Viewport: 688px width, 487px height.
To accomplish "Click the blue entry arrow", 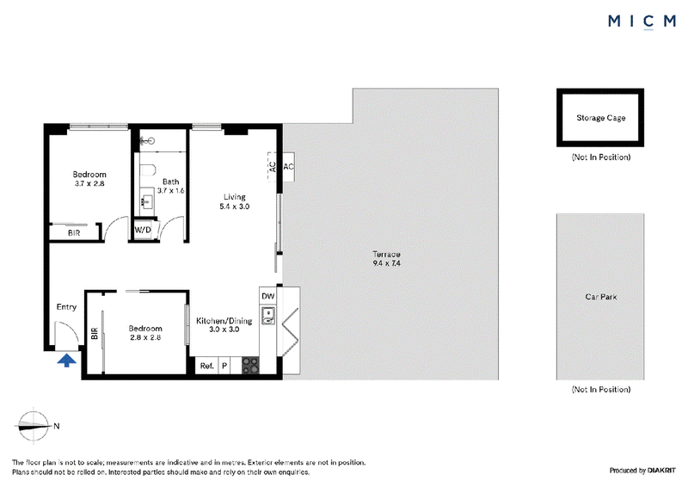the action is (67, 361).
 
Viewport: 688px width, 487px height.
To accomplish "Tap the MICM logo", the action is (642, 21).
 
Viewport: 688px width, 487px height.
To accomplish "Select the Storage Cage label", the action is (600, 118).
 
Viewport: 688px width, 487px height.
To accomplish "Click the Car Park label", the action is (600, 297).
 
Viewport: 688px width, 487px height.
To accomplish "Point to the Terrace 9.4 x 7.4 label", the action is (386, 259).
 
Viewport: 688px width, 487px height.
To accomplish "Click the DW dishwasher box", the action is (268, 295).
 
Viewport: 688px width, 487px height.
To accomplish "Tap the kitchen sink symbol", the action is (268, 316).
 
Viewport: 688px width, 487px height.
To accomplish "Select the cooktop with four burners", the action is (250, 366).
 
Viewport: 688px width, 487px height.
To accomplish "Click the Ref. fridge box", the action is (207, 366).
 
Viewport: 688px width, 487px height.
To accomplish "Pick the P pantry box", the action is (224, 366).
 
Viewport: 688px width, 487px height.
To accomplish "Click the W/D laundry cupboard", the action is (143, 230).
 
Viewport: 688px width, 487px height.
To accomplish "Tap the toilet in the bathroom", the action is (148, 170).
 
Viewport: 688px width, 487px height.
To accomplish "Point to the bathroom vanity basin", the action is (146, 202).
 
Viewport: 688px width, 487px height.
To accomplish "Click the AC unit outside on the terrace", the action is (288, 166).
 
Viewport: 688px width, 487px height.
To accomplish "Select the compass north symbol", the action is (34, 426).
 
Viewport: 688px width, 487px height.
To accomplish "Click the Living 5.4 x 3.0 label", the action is (235, 201).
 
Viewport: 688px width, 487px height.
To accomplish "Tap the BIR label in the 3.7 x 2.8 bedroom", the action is (74, 233).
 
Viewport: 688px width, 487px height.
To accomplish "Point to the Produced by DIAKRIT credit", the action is (642, 471).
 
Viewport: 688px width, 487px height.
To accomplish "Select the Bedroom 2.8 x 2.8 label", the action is (145, 333).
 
